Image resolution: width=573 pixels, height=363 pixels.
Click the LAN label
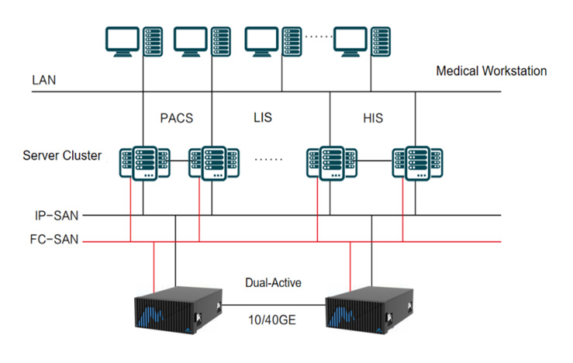[x=44, y=80]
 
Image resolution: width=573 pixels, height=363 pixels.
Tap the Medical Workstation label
[x=491, y=71]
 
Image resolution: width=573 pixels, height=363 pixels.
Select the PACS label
[x=177, y=118]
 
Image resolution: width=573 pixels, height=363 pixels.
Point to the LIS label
[x=263, y=117]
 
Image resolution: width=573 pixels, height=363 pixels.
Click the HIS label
[x=373, y=118]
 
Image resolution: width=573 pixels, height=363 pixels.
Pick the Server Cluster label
[x=62, y=155]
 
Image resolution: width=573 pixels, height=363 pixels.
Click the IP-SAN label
[x=57, y=216]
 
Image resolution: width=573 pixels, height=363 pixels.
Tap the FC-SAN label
[x=54, y=240]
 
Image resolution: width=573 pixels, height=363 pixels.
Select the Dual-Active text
[x=273, y=282]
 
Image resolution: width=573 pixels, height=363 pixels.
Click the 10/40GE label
[x=272, y=320]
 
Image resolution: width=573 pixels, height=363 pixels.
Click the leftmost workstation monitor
[x=123, y=42]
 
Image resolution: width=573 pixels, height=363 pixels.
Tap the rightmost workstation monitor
[x=350, y=42]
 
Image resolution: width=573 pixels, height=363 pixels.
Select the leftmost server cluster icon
[x=145, y=163]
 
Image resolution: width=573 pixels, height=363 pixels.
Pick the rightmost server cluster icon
[x=417, y=163]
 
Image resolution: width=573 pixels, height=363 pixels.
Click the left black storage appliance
[x=178, y=310]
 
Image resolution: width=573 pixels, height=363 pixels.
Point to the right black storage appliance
[x=369, y=310]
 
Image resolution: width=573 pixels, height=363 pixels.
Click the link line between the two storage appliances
[x=274, y=305]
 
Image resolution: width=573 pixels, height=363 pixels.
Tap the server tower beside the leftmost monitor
[x=153, y=41]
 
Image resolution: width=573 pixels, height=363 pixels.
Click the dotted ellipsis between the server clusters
[x=268, y=159]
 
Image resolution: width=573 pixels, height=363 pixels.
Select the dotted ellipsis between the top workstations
[x=318, y=36]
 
